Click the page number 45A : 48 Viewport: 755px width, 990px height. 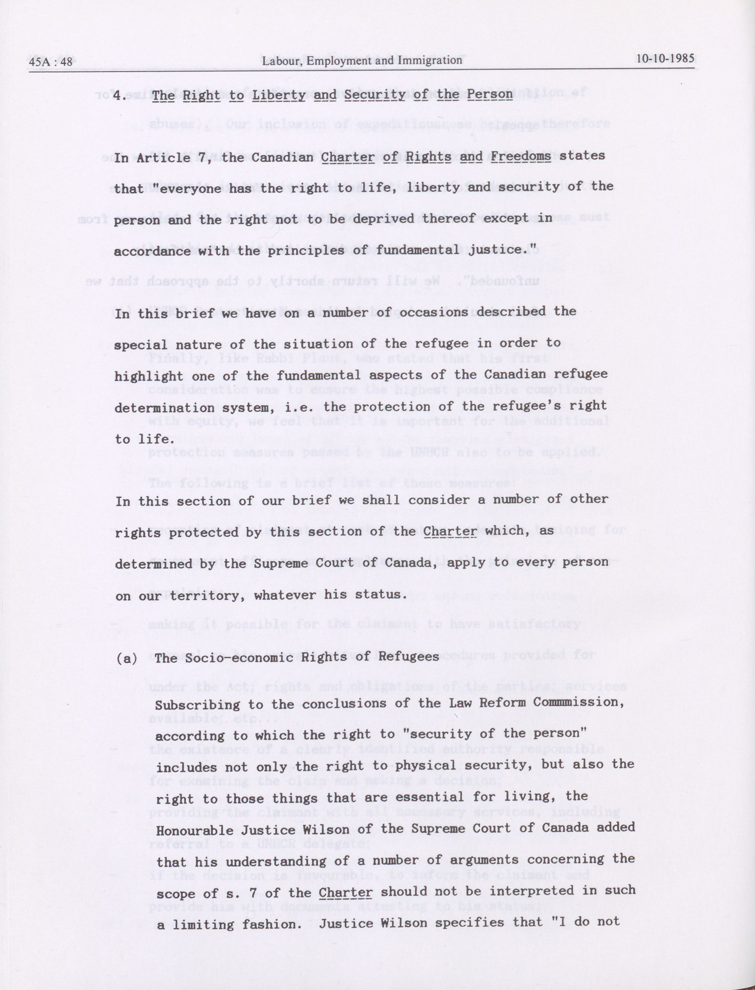pos(51,61)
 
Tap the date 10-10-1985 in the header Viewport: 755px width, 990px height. pos(665,59)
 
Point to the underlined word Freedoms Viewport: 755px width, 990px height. pos(521,156)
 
